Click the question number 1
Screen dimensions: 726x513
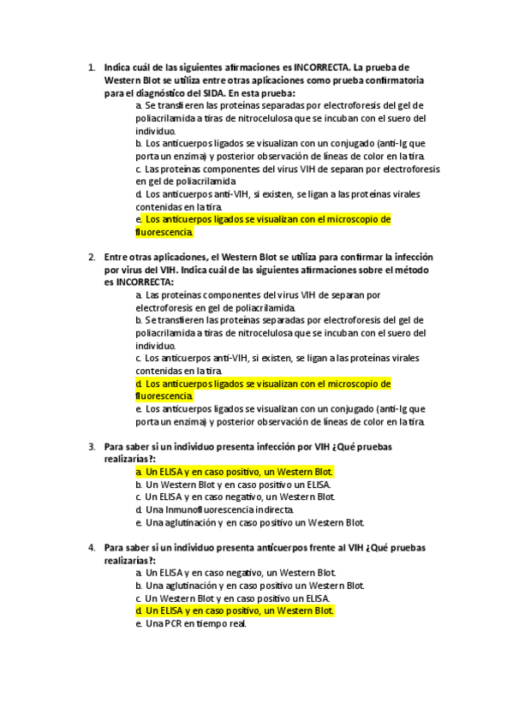[91, 67]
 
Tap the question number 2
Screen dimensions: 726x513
[91, 257]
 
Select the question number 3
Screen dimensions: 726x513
[91, 447]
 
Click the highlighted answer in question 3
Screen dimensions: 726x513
[235, 472]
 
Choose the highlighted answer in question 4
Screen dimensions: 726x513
[235, 611]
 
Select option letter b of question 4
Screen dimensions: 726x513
[139, 586]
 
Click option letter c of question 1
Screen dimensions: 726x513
[139, 170]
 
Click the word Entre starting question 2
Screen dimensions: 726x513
[118, 257]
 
